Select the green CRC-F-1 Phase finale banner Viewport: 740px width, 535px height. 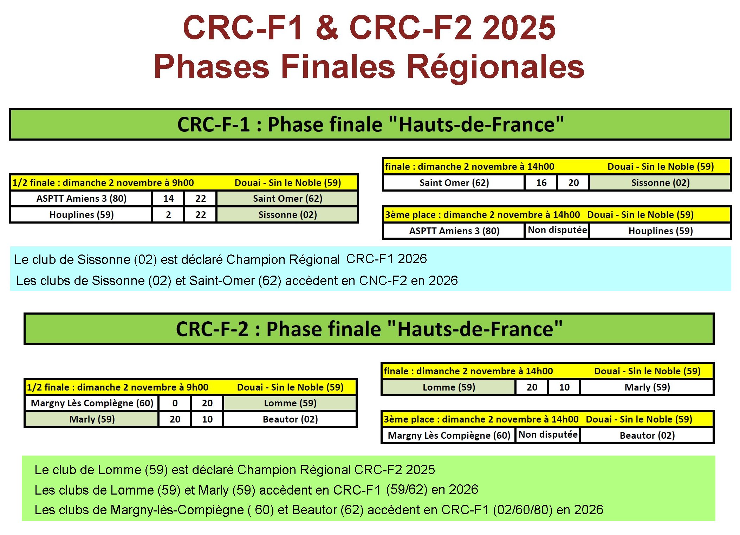coord(370,124)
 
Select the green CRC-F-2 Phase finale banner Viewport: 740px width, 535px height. coord(369,329)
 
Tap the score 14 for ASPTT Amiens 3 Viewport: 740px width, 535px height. coord(168,199)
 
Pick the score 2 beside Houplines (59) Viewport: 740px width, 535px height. coord(168,215)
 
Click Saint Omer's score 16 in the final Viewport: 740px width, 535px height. coord(541,183)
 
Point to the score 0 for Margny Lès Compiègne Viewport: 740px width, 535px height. coord(175,403)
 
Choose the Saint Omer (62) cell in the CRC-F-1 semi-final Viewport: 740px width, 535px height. coord(287,199)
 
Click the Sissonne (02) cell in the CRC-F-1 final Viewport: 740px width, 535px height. coord(660,183)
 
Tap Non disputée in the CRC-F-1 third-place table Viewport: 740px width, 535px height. coord(557,230)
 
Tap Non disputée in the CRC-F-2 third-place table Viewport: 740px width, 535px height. coord(548,435)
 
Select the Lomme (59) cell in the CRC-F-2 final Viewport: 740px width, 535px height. coord(449,387)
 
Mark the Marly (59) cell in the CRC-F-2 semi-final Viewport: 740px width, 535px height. coord(92,419)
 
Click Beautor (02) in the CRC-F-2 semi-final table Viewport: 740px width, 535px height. coord(290,419)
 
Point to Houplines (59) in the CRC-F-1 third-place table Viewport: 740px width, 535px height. coord(660,231)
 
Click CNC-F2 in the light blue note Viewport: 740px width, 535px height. coord(383,281)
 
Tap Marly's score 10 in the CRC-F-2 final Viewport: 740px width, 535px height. coord(564,387)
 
